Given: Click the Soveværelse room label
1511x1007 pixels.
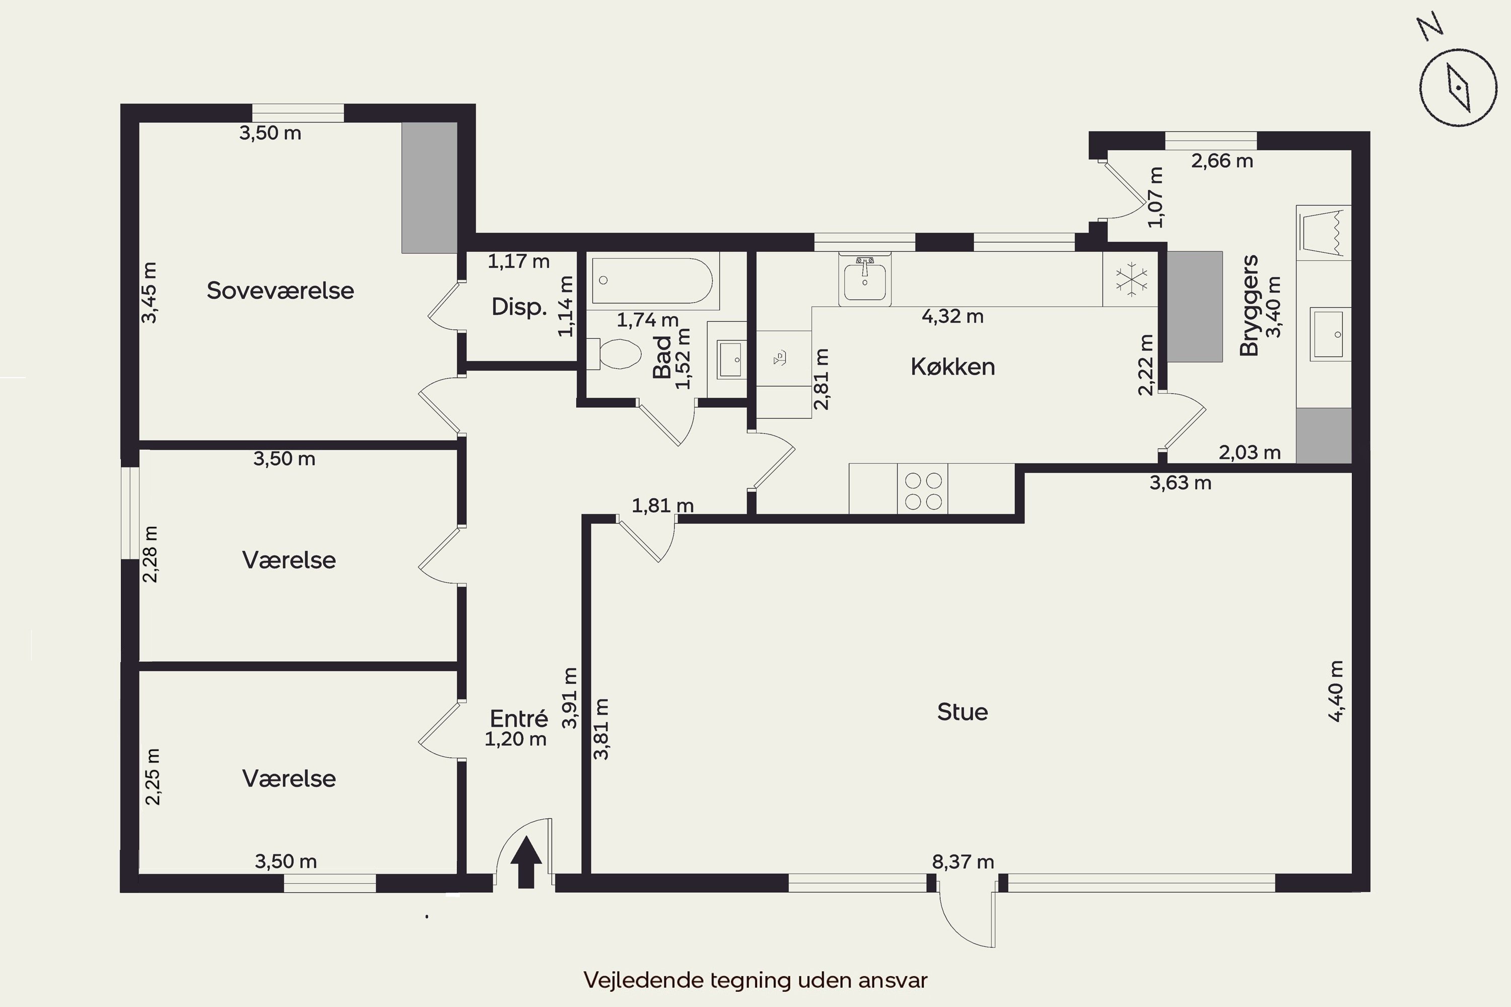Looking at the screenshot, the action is click(280, 291).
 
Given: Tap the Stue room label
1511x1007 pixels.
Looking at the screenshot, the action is click(963, 711).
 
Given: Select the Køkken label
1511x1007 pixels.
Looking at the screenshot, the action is click(953, 367).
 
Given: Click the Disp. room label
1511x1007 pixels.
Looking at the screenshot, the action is click(519, 307).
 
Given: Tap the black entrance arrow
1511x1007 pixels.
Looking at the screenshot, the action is click(526, 862).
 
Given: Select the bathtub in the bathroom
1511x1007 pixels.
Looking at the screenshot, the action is click(652, 280).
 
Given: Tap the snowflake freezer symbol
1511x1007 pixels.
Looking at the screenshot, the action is click(1131, 280).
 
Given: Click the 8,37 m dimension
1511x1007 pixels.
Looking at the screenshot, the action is click(963, 862).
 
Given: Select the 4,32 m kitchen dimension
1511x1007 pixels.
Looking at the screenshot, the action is click(953, 317).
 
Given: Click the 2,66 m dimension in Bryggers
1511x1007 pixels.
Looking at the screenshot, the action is click(1222, 161).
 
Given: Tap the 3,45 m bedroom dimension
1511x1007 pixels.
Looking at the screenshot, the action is click(149, 293).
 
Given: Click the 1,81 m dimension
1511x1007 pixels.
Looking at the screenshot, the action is click(662, 506).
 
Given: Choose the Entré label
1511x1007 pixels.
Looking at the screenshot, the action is click(519, 718).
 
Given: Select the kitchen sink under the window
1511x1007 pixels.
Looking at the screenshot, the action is click(865, 279).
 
